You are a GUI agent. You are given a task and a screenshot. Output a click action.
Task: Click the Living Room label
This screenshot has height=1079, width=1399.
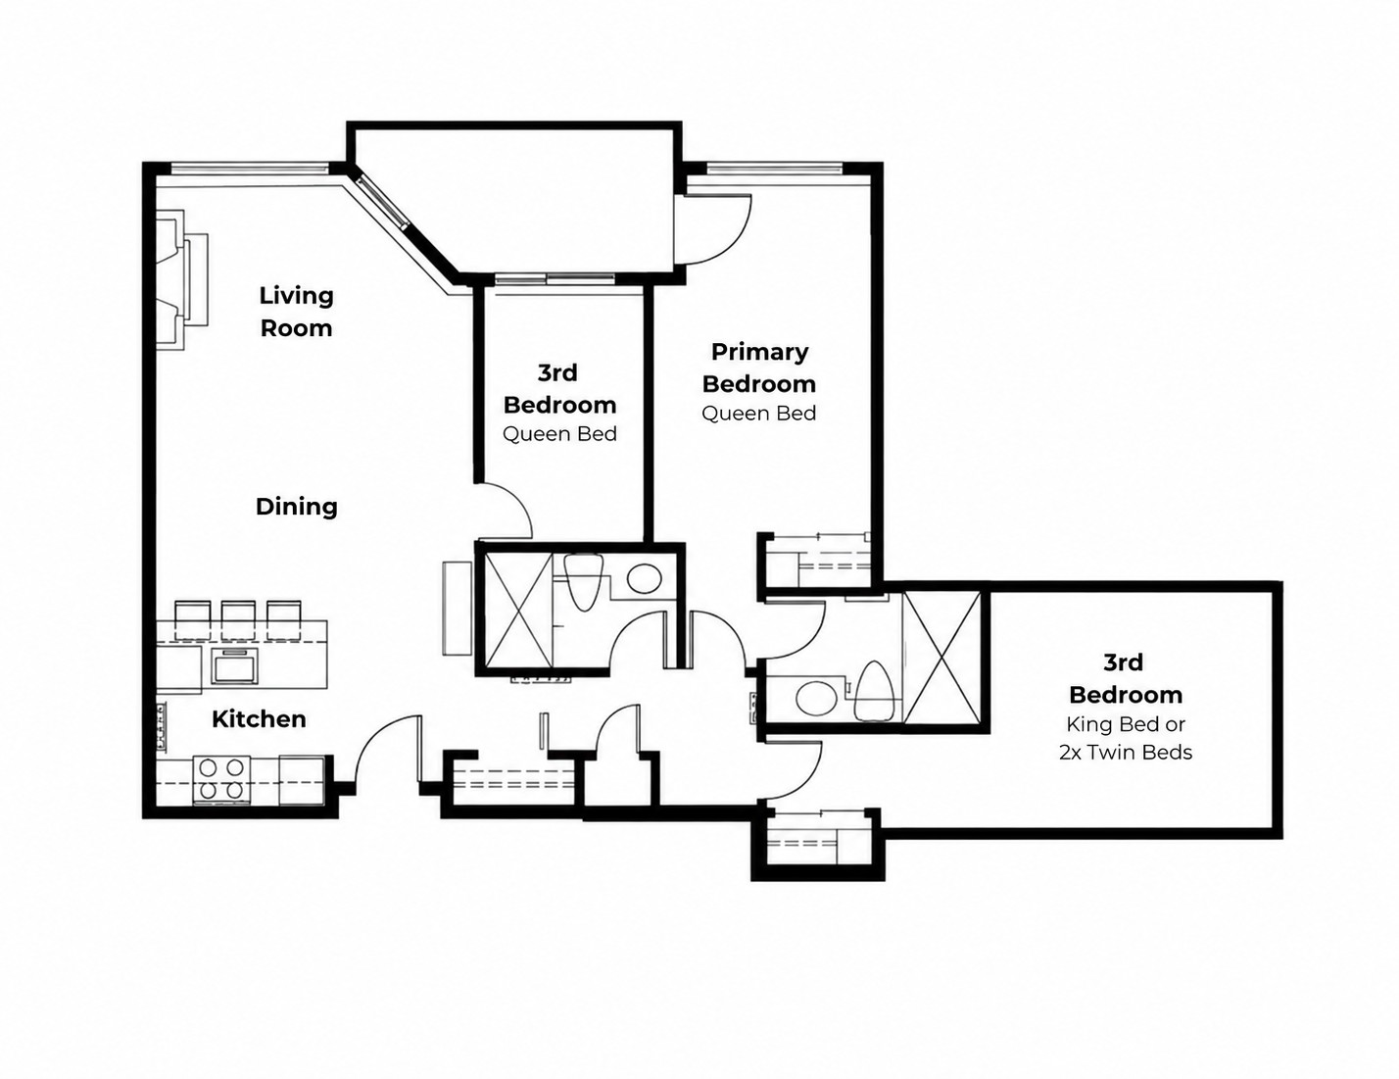tap(296, 312)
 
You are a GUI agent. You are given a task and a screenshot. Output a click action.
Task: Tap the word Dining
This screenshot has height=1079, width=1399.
tap(297, 507)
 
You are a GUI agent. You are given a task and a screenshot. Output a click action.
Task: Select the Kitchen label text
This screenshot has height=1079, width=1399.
tap(259, 719)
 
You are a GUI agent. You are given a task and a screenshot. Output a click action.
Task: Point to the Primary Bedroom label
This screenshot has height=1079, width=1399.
tap(759, 368)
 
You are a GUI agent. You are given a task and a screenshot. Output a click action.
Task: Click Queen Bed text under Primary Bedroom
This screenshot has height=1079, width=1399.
tap(759, 413)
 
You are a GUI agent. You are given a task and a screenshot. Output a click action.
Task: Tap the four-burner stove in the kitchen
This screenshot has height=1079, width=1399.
tap(221, 779)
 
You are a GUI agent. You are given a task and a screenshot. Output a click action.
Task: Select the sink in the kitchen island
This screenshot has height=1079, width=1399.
tap(235, 666)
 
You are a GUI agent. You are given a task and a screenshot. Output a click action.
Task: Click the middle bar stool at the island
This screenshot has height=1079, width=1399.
tap(238, 620)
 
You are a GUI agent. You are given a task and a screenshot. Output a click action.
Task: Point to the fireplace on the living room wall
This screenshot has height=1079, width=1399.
tap(182, 280)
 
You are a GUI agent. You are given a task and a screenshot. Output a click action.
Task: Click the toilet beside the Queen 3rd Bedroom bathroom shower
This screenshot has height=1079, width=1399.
tap(583, 582)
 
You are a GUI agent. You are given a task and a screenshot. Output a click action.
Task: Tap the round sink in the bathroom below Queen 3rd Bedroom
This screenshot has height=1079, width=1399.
tap(645, 578)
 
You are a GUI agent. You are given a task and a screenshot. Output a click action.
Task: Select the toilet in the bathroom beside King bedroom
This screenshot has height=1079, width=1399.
tap(874, 690)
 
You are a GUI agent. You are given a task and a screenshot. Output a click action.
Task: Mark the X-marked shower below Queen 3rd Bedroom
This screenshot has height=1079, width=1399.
tap(517, 611)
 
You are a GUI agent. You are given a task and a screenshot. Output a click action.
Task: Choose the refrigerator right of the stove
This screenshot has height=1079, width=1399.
tap(302, 780)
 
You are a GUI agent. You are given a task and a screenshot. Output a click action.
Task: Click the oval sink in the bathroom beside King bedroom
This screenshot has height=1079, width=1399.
tap(815, 697)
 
